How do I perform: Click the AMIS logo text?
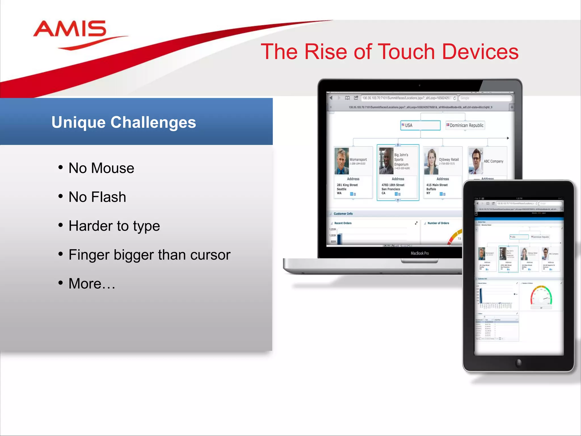[x=70, y=29]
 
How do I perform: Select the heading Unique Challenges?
[x=124, y=122]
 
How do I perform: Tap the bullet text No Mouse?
[x=101, y=168]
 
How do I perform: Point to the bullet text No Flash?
[x=97, y=197]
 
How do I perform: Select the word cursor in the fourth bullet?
[x=210, y=255]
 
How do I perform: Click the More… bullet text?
[x=92, y=284]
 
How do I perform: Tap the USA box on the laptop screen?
[x=420, y=125]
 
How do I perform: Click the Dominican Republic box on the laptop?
[x=465, y=125]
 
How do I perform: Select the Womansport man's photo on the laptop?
[x=342, y=161]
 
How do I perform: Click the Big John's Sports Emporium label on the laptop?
[x=401, y=160]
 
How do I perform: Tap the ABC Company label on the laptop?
[x=493, y=161]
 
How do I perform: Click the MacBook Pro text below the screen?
[x=420, y=253]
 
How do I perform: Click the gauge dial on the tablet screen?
[x=541, y=296]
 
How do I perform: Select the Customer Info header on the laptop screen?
[x=343, y=214]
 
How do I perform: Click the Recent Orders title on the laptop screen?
[x=343, y=223]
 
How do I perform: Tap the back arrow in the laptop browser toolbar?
[x=331, y=98]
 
